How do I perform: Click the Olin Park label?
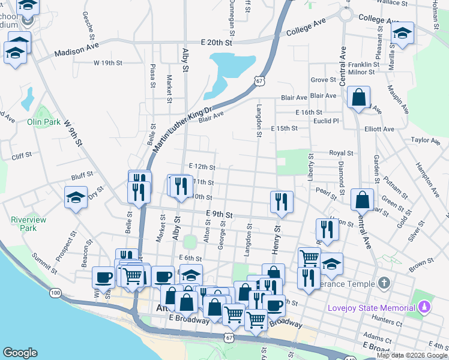pyautogui.click(x=44, y=122)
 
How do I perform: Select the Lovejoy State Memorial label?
pyautogui.click(x=371, y=308)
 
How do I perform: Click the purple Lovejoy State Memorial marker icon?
pyautogui.click(x=424, y=308)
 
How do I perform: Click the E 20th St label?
pyautogui.click(x=215, y=43)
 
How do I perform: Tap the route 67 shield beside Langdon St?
pyautogui.click(x=259, y=80)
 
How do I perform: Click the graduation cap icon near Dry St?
pyautogui.click(x=76, y=197)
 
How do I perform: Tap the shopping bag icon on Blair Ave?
pyautogui.click(x=358, y=97)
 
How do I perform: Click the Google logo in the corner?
pyautogui.click(x=20, y=353)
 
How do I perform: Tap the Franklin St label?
pyautogui.click(x=359, y=64)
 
